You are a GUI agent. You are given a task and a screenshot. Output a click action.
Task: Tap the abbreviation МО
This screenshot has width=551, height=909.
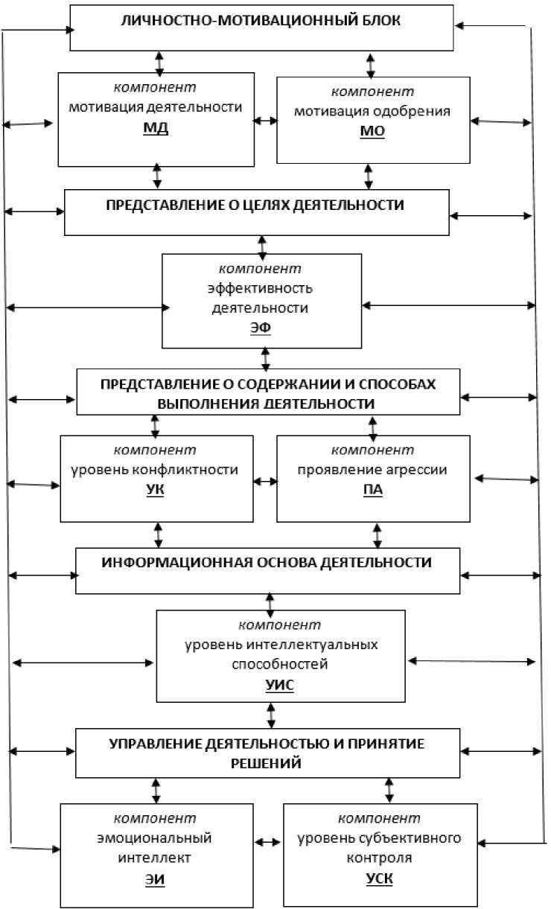[372, 132]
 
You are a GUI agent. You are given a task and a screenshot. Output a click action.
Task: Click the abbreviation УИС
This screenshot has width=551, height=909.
[280, 684]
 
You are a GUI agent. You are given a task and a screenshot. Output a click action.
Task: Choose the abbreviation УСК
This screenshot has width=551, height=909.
[380, 878]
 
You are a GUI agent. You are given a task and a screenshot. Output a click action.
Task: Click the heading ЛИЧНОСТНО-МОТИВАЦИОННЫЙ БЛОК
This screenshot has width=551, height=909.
[261, 21]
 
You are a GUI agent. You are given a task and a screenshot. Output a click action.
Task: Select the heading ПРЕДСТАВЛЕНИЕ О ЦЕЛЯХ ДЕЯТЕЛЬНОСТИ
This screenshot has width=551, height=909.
[257, 205]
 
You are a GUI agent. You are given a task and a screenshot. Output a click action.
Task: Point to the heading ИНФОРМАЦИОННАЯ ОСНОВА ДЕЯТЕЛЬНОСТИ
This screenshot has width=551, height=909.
[267, 561]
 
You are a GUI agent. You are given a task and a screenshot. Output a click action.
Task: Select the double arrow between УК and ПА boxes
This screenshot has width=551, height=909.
[264, 482]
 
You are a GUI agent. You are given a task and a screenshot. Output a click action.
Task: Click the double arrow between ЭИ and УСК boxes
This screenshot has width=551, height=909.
[268, 842]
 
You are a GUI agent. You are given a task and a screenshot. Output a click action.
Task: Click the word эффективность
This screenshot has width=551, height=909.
[261, 288]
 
